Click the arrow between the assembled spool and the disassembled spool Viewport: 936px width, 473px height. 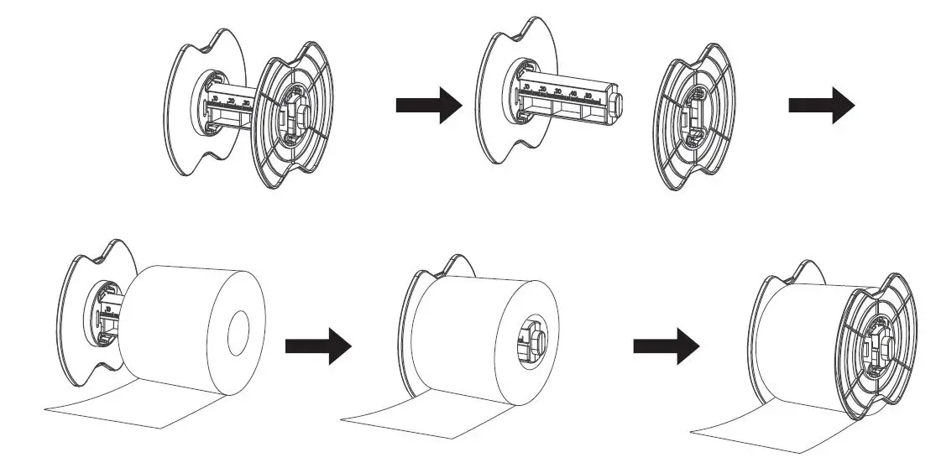pos(429,106)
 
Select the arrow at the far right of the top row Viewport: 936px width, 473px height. pos(821,106)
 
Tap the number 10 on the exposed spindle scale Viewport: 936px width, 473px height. pos(526,86)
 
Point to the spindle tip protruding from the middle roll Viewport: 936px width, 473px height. pos(534,339)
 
